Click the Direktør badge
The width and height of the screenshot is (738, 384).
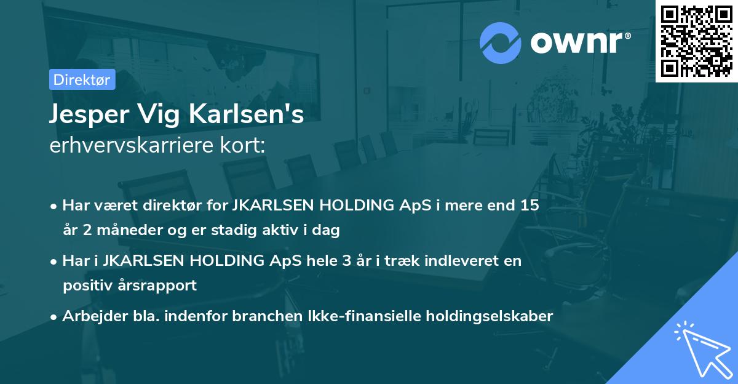pos(82,79)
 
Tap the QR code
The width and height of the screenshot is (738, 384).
pos(696,41)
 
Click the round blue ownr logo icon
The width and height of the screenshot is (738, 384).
pos(501,42)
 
